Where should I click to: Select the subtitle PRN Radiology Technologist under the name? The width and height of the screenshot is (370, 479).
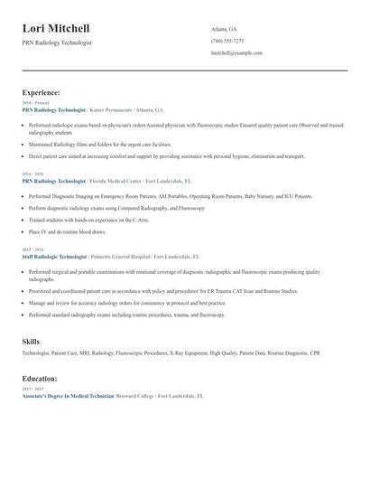pos(57,42)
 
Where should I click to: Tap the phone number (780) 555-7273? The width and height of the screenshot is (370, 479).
pos(227,41)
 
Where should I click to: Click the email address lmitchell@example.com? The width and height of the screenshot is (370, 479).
pos(236,52)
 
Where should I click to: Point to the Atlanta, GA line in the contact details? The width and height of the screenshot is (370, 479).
pos(224,29)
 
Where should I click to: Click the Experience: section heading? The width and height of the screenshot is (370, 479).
pos(42,92)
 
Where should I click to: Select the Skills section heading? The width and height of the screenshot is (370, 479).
pos(32,341)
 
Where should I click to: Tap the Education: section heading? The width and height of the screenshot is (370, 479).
pos(40,379)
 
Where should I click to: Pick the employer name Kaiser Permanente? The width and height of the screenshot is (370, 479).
pos(117,108)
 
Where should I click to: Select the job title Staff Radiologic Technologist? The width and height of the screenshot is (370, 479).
pos(53,257)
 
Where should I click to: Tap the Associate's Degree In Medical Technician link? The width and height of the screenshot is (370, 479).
pos(67,396)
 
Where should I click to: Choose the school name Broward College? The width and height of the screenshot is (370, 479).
pos(134,396)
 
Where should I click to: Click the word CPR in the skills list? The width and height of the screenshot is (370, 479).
pos(315,352)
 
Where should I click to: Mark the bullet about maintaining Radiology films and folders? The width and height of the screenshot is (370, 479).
pos(99,144)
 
